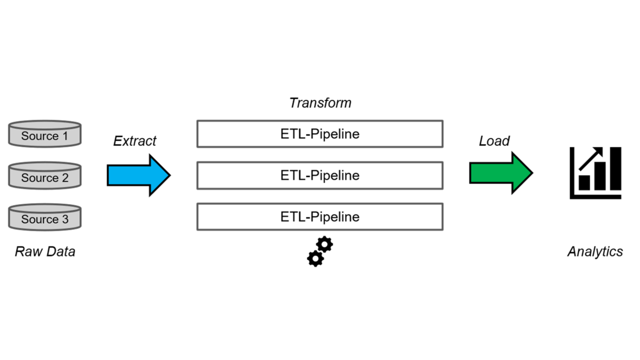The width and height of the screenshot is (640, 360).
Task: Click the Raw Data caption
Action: (x=45, y=251)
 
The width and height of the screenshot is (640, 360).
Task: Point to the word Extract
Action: (x=135, y=141)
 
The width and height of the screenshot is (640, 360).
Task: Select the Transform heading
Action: (x=320, y=103)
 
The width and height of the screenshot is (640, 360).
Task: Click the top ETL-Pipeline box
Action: (x=320, y=134)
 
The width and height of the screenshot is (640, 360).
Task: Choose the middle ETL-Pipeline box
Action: (x=320, y=176)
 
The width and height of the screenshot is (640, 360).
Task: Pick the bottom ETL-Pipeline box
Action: (x=320, y=217)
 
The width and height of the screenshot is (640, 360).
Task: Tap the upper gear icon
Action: (x=324, y=244)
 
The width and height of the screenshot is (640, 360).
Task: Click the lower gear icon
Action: (x=315, y=259)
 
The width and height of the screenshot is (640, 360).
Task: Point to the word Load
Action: (x=494, y=141)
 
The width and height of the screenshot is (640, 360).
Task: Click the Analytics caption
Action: (x=595, y=251)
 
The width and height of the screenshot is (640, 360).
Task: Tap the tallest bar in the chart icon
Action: (x=615, y=169)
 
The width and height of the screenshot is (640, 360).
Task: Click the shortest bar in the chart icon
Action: (x=584, y=183)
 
